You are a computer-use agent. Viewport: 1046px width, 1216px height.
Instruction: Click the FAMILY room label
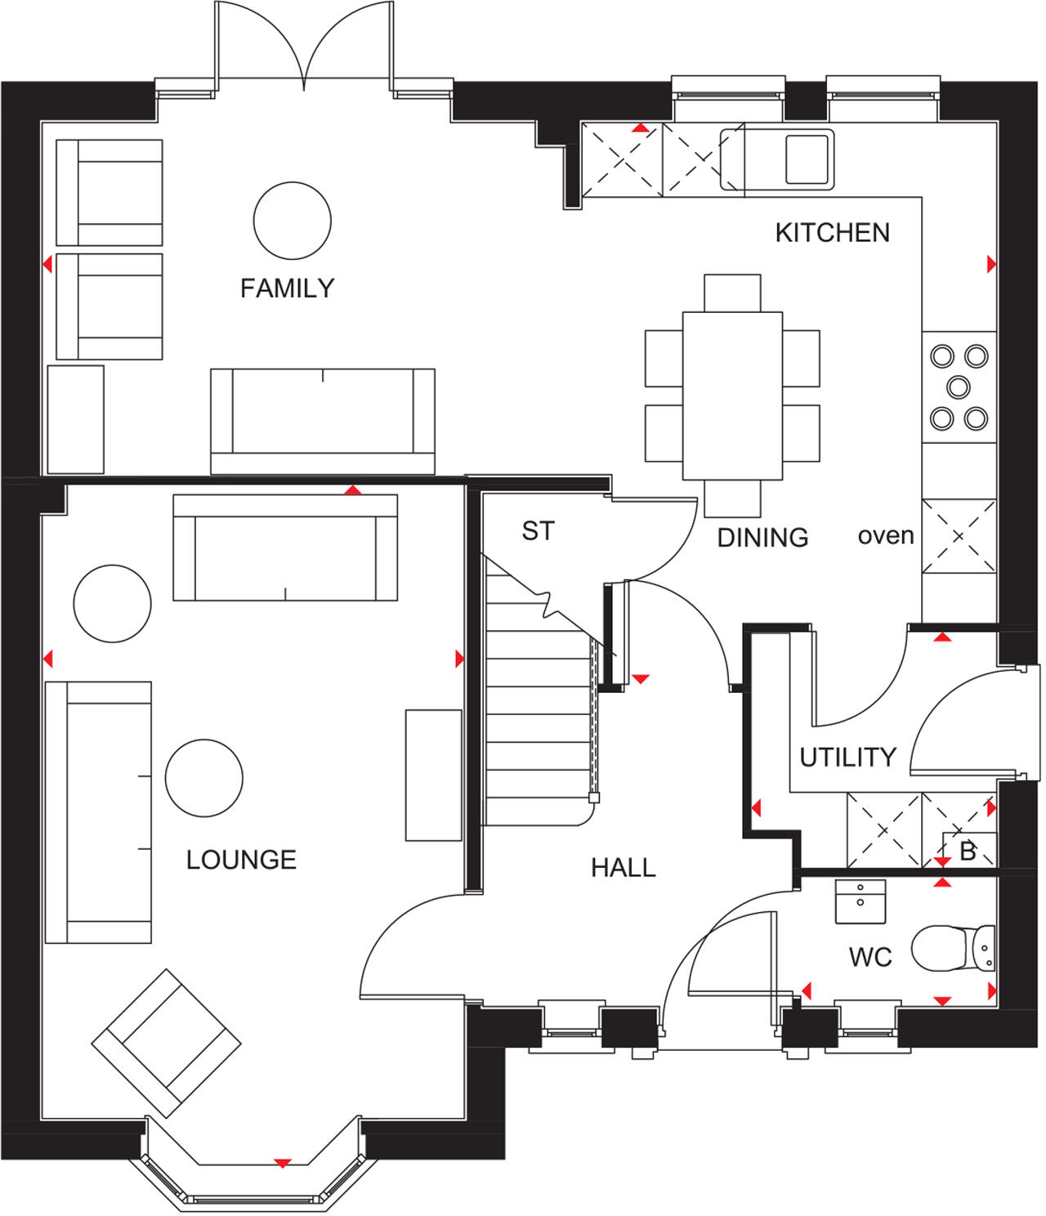pos(287,288)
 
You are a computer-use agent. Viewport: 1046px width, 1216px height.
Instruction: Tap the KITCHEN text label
pos(832,233)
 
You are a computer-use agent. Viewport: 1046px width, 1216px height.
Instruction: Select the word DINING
pos(762,538)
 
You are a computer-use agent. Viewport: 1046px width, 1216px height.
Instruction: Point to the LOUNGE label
pos(241,860)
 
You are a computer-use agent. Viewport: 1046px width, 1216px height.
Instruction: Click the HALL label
pos(623,868)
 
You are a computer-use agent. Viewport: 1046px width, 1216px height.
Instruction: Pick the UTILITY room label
pos(847,758)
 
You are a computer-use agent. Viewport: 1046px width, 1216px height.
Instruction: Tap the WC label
pos(870,957)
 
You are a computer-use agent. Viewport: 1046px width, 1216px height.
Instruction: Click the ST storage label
pos(538,531)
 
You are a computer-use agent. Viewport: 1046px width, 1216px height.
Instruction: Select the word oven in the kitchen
pos(886,536)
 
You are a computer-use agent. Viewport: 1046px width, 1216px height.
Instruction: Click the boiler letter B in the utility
pos(968,851)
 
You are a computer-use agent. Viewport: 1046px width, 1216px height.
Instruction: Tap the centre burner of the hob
pos(959,387)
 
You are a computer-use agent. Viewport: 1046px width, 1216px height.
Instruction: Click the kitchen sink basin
pos(807,159)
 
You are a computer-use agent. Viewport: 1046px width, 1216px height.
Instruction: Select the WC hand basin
pos(860,901)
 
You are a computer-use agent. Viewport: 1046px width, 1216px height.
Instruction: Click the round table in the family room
pos(292,221)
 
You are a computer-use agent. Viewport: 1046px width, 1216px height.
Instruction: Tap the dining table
pos(732,396)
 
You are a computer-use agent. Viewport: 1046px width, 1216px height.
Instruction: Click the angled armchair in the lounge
pos(166,1043)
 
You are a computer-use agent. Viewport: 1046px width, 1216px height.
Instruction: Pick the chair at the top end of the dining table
pos(732,293)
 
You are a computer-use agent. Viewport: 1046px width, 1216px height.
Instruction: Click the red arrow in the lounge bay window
pos(283,1163)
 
